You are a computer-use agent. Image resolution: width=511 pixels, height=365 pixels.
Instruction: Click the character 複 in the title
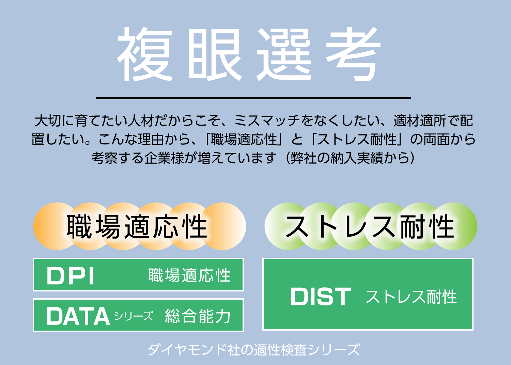145,54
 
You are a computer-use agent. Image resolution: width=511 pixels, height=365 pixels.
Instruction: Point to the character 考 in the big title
353,54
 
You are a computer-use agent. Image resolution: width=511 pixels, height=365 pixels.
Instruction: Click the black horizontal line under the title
253,98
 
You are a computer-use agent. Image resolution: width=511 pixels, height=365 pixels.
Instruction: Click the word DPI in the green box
70,276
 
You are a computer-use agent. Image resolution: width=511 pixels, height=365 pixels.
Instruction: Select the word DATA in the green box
78,316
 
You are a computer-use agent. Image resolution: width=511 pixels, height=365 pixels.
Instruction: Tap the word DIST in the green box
321,296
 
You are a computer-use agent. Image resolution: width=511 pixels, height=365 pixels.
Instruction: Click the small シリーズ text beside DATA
134,316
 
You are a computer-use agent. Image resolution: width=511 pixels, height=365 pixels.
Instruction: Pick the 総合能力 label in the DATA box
198,316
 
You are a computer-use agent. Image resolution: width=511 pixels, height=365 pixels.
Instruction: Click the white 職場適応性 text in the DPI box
189,275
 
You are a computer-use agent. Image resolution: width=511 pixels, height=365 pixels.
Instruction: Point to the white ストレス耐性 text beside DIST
411,297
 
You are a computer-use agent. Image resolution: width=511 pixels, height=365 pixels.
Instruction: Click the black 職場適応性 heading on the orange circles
137,227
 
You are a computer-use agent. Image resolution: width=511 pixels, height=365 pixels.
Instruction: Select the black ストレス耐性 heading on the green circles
370,227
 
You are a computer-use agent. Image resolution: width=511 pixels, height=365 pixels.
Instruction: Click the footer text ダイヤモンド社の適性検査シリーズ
254,349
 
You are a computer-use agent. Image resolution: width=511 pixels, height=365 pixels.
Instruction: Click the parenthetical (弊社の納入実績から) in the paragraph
351,158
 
